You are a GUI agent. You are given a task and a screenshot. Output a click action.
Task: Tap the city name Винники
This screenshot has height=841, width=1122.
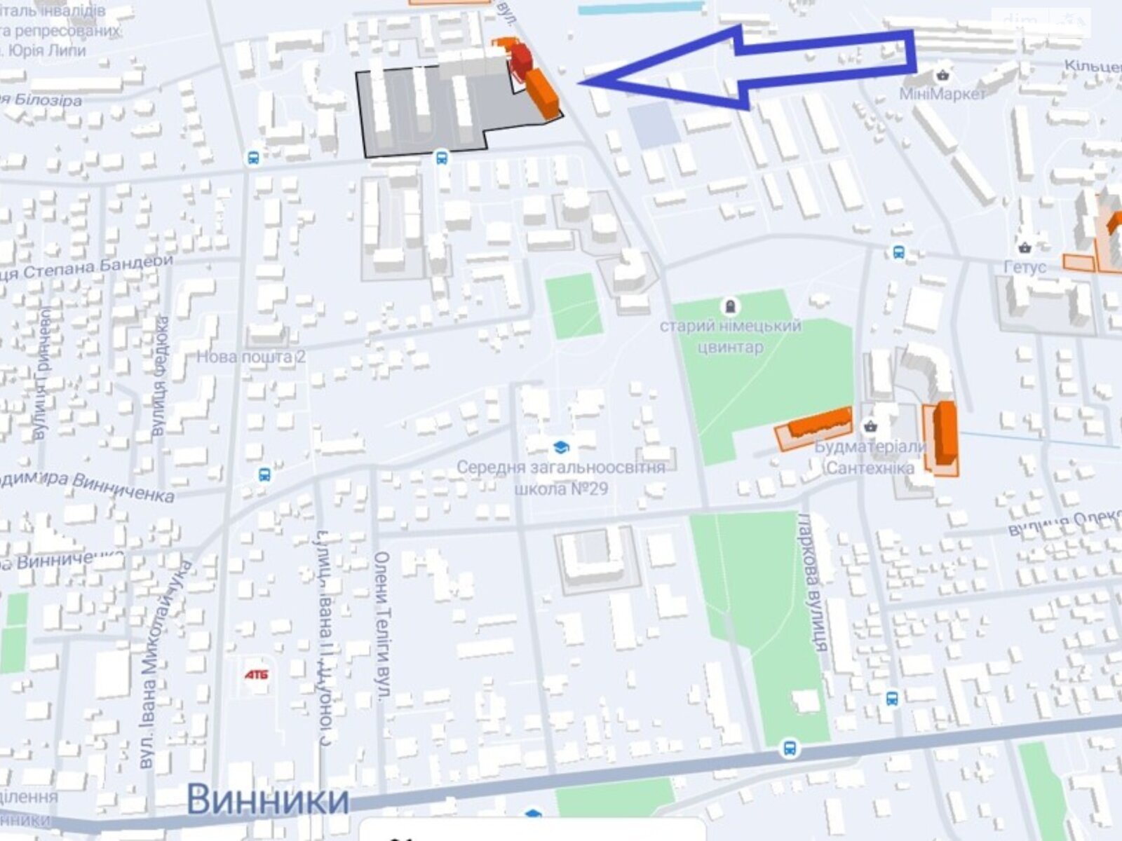click(268, 799)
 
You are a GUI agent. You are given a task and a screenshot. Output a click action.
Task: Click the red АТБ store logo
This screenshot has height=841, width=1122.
click(257, 674)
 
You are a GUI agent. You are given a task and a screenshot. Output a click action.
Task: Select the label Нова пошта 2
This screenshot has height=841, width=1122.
click(251, 357)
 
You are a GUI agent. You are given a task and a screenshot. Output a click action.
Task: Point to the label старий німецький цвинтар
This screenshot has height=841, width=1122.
click(730, 336)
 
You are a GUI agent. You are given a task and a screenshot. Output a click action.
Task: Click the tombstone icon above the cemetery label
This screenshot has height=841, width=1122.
click(730, 306)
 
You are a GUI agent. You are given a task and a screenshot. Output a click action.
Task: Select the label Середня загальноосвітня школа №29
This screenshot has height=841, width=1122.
click(561, 477)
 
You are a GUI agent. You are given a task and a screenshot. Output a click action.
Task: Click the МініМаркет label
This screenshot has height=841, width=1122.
click(943, 94)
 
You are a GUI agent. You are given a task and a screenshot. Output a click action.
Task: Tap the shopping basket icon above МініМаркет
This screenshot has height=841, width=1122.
click(943, 74)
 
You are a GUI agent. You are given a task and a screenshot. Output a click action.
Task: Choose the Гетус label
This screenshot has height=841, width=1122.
click(1025, 267)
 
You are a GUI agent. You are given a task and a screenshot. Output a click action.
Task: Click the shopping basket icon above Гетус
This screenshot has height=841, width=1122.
click(1025, 247)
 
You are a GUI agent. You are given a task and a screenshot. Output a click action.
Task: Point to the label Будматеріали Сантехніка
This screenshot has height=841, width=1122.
click(870, 458)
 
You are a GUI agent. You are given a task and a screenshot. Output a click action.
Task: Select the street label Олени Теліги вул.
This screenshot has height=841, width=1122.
click(383, 626)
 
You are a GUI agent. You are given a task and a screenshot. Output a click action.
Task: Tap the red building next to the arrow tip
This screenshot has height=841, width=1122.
click(520, 60)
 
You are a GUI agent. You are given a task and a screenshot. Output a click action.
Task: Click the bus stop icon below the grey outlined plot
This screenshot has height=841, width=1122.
click(441, 157)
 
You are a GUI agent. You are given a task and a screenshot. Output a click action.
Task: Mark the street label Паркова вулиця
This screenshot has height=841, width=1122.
click(813, 582)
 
